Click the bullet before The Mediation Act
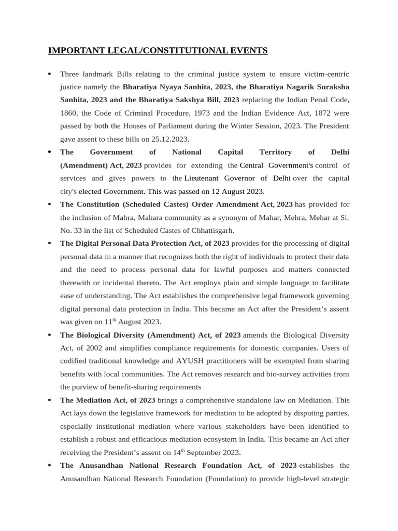pyautogui.click(x=49, y=400)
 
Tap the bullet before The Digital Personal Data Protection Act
pyautogui.click(x=49, y=244)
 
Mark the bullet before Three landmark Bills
pyautogui.click(x=49, y=74)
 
